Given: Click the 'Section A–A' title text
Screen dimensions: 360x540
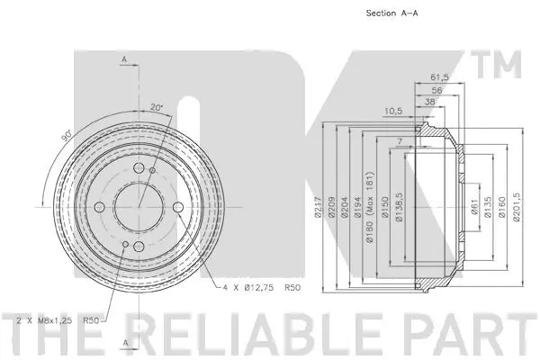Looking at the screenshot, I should [x=393, y=13].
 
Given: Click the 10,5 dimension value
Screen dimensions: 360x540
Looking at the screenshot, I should [x=392, y=112].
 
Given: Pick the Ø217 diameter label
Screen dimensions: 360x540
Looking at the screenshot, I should [x=318, y=209].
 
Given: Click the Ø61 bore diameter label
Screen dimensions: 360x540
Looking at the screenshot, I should [x=473, y=209].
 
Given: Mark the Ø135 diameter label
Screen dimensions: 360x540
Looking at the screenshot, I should [x=488, y=209].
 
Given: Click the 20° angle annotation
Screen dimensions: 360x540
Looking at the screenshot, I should [x=158, y=107].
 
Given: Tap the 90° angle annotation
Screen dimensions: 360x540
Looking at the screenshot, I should [x=67, y=139].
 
